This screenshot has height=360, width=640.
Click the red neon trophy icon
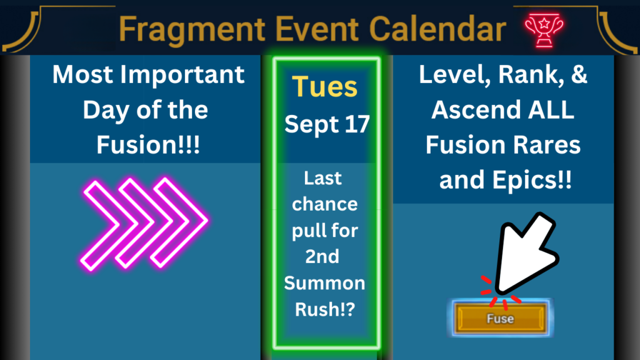tap(544, 30)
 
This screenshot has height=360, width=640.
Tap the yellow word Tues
tap(325, 86)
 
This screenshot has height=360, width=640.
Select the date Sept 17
tap(327, 124)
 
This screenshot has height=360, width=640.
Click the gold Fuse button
tap(501, 318)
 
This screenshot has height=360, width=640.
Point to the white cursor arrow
tap(524, 253)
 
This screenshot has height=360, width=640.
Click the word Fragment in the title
tap(192, 29)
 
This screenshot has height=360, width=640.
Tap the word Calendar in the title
tap(437, 29)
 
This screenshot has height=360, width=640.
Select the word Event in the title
tap(317, 29)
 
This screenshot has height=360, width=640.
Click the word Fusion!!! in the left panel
tap(148, 145)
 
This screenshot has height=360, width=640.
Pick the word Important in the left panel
tap(185, 75)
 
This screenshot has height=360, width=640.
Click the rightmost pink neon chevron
tap(179, 223)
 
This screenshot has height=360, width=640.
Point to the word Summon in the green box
tap(324, 283)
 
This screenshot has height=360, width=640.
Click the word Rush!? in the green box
tap(325, 309)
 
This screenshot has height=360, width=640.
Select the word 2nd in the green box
tap(322, 257)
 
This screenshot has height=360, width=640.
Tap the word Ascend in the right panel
tap(476, 110)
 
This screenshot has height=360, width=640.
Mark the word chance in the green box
tap(325, 204)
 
